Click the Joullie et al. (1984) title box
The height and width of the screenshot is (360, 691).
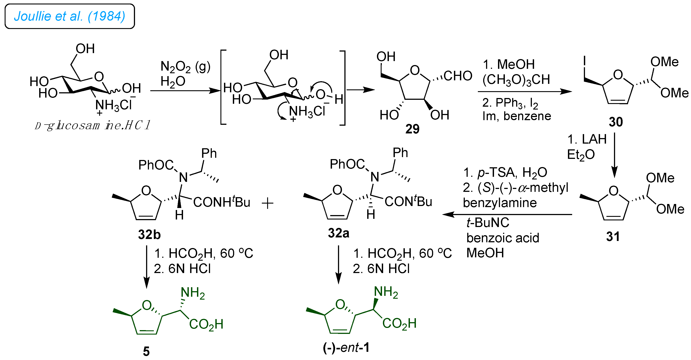69,16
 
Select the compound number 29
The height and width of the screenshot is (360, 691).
412,129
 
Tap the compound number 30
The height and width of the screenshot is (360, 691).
616,122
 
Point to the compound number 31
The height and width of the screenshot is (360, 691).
613,237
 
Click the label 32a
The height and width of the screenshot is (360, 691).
338,233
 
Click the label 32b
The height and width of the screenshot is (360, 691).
149,235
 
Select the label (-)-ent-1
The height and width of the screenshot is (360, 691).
346,348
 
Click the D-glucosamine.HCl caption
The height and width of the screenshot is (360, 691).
92,125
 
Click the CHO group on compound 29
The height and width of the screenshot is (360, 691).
458,76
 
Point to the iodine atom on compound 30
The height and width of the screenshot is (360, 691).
584,61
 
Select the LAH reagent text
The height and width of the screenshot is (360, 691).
594,139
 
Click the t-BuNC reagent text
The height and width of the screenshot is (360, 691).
488,223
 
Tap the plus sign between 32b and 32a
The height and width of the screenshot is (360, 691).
267,203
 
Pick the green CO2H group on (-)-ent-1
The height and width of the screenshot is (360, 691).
399,323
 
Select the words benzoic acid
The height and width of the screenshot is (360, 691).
502,238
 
